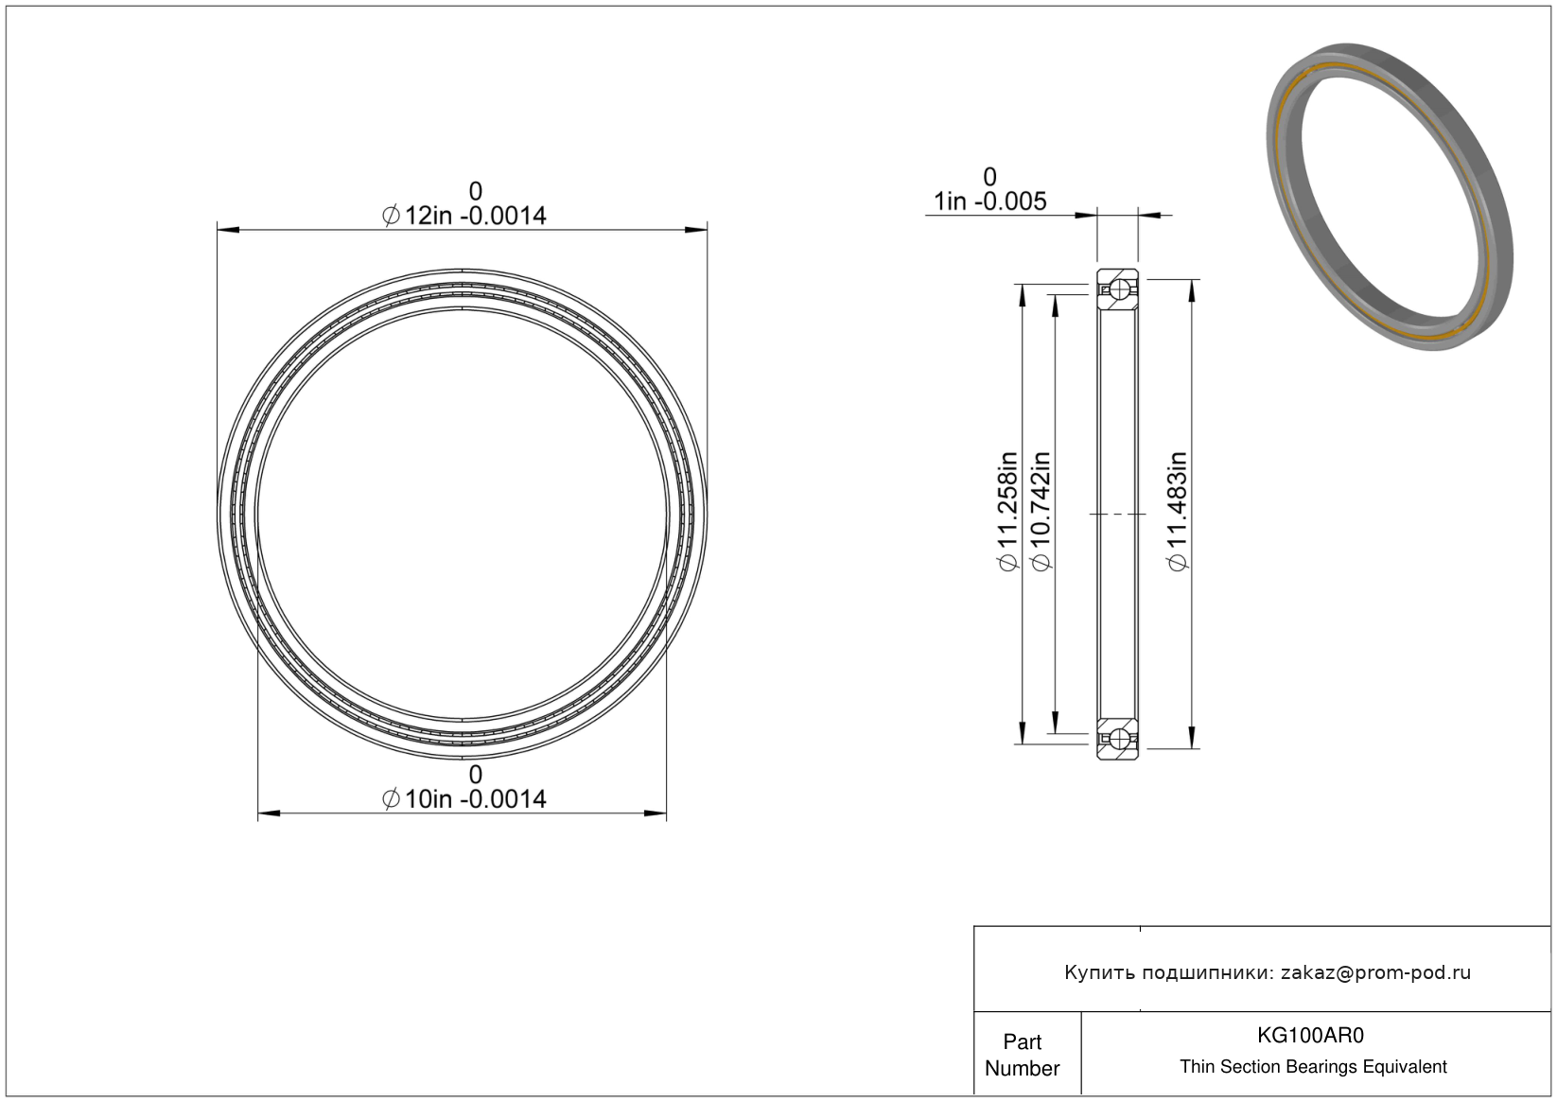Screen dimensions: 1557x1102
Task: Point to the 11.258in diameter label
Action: (1007, 512)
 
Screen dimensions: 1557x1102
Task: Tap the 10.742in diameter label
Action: (1041, 512)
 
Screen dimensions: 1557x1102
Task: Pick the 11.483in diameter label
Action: (1178, 512)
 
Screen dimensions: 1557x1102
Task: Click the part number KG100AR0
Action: (1310, 1035)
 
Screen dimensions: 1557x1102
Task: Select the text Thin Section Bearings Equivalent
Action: (1313, 1067)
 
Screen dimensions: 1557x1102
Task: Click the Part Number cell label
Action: (1023, 1055)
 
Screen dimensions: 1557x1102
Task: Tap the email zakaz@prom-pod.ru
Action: (1375, 972)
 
